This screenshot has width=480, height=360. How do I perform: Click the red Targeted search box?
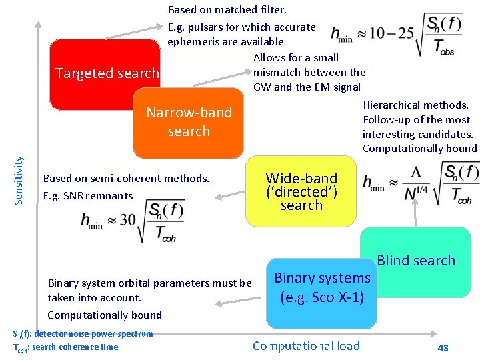click(x=100, y=73)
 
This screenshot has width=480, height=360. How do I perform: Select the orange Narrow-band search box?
click(x=189, y=122)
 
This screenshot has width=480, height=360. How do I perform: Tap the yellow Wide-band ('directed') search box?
click(x=301, y=191)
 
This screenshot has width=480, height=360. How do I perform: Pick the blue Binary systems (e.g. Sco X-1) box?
click(x=322, y=287)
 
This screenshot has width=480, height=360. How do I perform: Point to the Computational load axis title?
click(x=306, y=345)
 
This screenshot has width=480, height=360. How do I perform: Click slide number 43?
click(x=443, y=348)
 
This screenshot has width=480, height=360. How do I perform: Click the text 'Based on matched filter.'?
click(x=227, y=10)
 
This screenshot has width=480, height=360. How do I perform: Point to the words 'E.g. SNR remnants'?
click(x=88, y=195)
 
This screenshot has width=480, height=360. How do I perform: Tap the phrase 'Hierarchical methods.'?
click(x=416, y=105)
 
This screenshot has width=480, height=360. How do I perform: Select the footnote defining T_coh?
click(x=65, y=347)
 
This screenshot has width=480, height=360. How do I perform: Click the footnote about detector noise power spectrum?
click(x=83, y=333)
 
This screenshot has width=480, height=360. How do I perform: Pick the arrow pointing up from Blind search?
click(x=415, y=213)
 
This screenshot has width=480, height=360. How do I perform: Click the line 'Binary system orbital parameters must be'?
click(x=149, y=283)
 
